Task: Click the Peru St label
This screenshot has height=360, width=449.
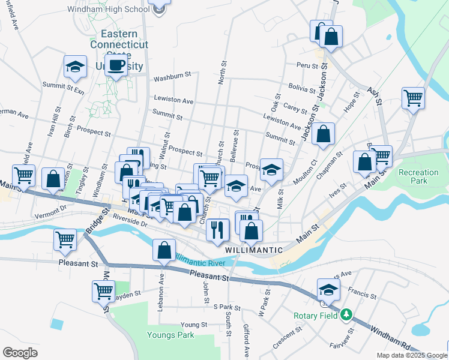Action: coord(306,65)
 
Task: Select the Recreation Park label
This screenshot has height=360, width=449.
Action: coord(418,177)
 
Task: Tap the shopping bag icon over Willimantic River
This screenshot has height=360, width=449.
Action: coord(164,250)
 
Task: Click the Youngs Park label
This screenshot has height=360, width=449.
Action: coord(169,334)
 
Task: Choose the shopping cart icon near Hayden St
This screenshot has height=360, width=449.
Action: coord(104,291)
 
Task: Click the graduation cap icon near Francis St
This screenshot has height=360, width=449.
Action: coord(328,289)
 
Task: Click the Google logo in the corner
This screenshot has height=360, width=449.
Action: coord(20,352)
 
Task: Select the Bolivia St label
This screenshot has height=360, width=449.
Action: coord(302,89)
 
